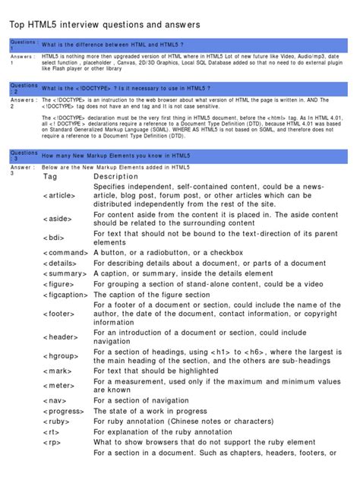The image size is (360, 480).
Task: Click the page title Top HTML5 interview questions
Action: [104, 25]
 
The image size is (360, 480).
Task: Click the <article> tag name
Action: [64, 195]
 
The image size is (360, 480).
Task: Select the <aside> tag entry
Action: [61, 219]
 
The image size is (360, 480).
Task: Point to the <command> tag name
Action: [66, 252]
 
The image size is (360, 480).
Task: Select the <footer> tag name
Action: [62, 312]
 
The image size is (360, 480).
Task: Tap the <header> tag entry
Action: [63, 336]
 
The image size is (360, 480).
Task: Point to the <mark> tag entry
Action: [60, 371]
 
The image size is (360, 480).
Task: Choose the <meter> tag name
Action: [61, 385]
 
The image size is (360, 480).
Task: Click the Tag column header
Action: [50, 176]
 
